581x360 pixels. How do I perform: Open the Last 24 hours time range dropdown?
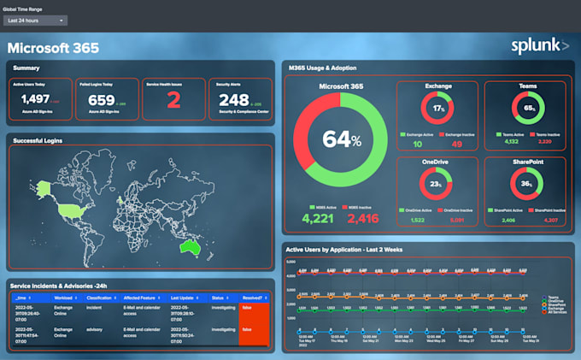coord(35,20)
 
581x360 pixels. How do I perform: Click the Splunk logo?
coord(539,45)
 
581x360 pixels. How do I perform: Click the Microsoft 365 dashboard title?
coord(53,48)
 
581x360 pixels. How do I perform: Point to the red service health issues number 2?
coord(173,101)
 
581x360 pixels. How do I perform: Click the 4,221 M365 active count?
coord(319,219)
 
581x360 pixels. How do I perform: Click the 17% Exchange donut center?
coord(437,109)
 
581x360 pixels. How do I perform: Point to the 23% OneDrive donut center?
coord(437,184)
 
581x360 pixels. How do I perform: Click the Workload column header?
coord(65,298)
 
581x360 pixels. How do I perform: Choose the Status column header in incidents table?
coord(218,298)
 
